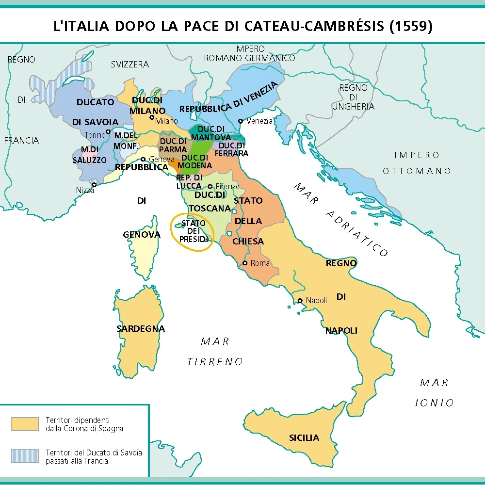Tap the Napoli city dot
(x=301, y=300)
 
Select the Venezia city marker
(x=241, y=121)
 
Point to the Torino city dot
(x=108, y=131)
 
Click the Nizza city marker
(x=95, y=184)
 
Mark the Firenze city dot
(x=210, y=186)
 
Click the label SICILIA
(x=304, y=437)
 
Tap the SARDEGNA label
(x=141, y=328)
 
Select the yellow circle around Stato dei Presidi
(x=193, y=232)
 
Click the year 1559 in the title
(x=410, y=26)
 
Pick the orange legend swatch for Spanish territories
(x=25, y=424)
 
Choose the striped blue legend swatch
(x=25, y=456)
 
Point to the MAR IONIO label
(x=435, y=392)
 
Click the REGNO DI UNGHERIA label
(x=353, y=97)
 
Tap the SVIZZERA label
(x=129, y=64)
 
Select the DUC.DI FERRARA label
(x=232, y=149)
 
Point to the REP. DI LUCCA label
(x=189, y=181)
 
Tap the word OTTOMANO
(x=417, y=171)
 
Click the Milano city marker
(x=152, y=117)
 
